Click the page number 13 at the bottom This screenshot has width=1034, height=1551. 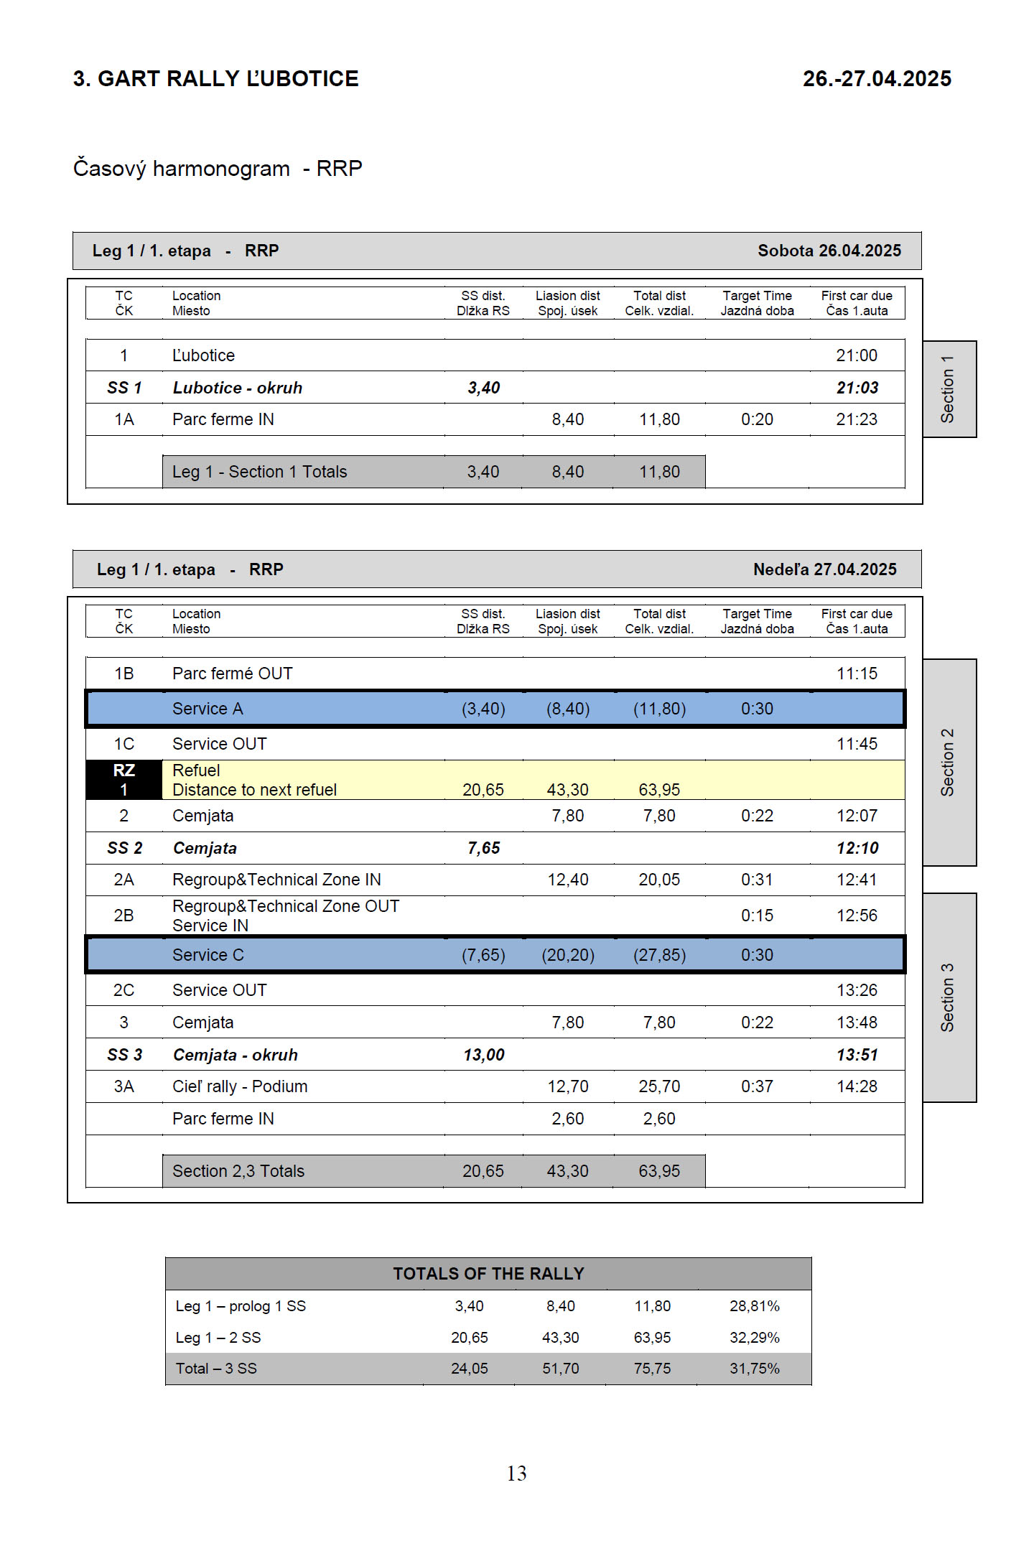coord(516,1473)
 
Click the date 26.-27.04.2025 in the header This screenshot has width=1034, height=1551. coord(877,79)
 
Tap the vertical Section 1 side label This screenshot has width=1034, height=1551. coord(948,388)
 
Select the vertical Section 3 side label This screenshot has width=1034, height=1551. coord(948,997)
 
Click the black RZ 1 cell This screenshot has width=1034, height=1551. coord(124,780)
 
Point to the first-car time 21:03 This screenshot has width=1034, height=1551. coord(857,388)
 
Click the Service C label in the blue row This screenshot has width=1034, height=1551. coord(208,955)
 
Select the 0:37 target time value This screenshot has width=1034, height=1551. coord(757,1086)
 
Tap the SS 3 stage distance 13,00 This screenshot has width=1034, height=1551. coord(483,1055)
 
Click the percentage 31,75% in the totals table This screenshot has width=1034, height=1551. coord(754,1369)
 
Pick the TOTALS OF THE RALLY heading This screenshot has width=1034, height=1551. coord(488,1274)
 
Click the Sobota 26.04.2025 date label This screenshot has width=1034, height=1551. coord(829,251)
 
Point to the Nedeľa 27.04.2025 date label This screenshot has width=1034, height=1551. coord(824,569)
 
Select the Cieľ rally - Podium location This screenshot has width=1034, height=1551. coord(240,1086)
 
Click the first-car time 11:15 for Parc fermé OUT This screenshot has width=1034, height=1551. coord(857,674)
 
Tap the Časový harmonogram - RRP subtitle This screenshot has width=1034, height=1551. coord(218,169)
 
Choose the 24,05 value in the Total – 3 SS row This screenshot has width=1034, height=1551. coord(469,1369)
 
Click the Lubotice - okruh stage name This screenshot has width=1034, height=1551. coord(238,388)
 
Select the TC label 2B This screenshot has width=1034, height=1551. coord(124,916)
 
